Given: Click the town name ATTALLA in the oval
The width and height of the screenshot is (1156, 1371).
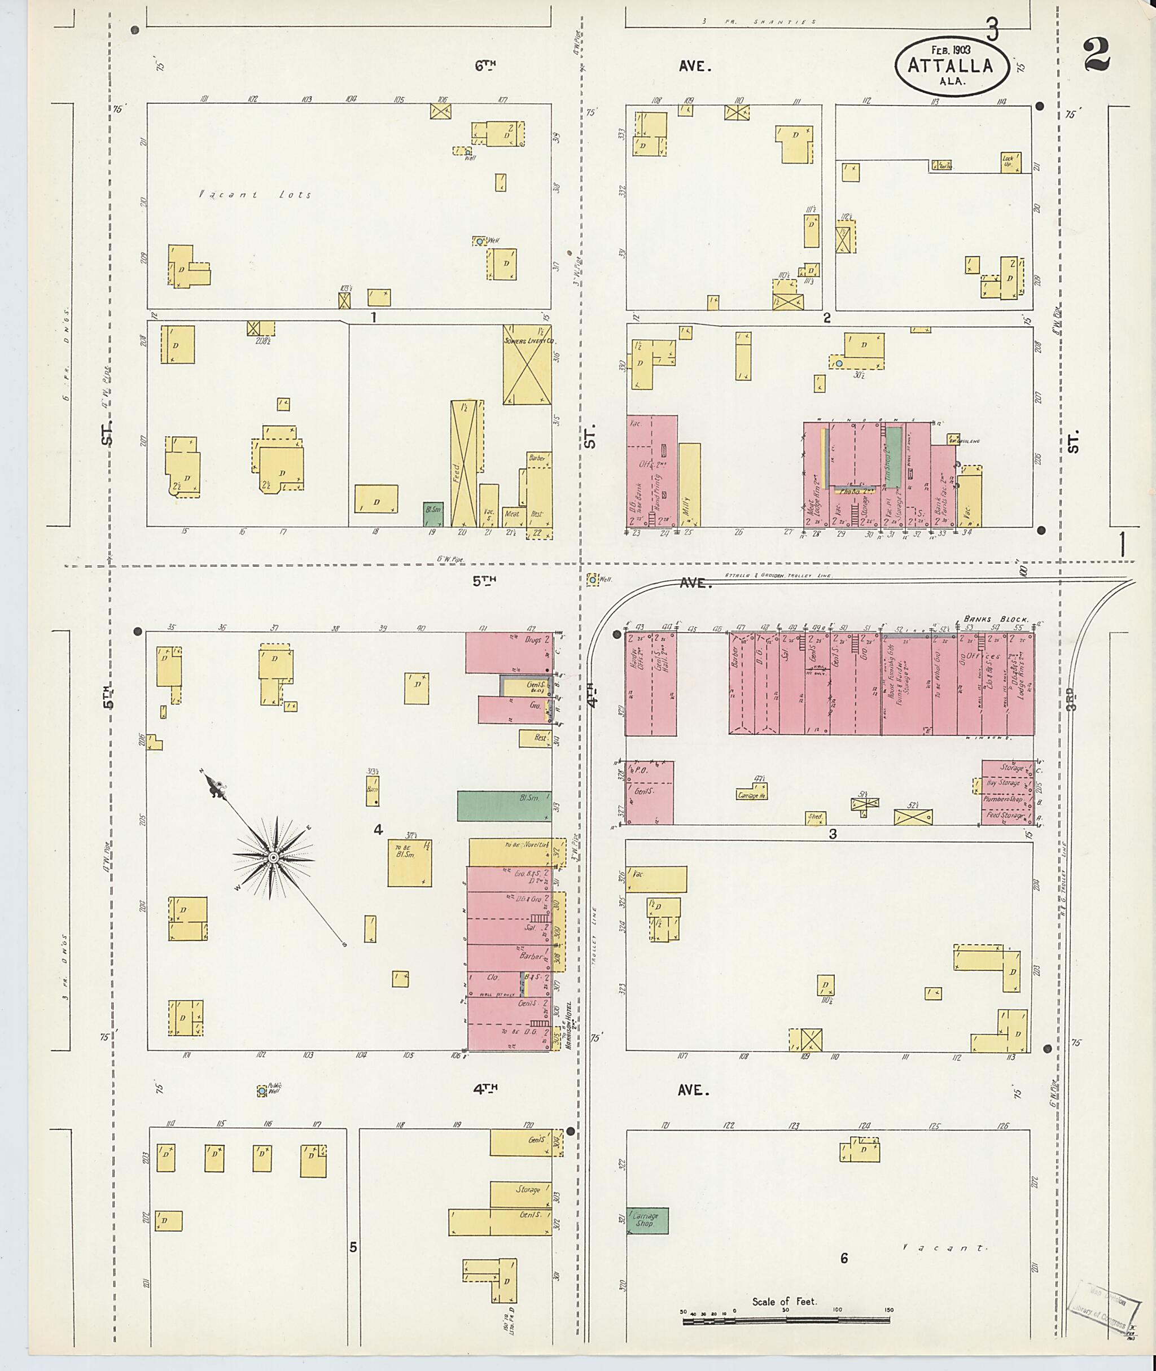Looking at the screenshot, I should [949, 65].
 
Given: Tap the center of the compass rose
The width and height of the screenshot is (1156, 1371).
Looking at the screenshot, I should [272, 857].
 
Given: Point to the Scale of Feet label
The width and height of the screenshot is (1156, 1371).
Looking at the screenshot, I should [785, 1301].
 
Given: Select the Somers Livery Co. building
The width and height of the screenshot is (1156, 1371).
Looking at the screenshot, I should [526, 365].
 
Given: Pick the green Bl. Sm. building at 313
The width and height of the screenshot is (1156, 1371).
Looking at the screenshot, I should [503, 805].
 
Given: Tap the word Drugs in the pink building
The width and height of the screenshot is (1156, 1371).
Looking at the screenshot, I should [532, 639].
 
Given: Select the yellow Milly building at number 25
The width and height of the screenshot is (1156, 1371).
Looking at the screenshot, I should [689, 485].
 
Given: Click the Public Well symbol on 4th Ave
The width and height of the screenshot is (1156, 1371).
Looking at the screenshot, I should [261, 1090].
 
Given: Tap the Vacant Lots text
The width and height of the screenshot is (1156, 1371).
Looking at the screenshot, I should [256, 195].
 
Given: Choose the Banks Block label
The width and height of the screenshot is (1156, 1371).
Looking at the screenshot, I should [997, 618].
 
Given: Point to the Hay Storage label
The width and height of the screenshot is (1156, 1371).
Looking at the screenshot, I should [1002, 782].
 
